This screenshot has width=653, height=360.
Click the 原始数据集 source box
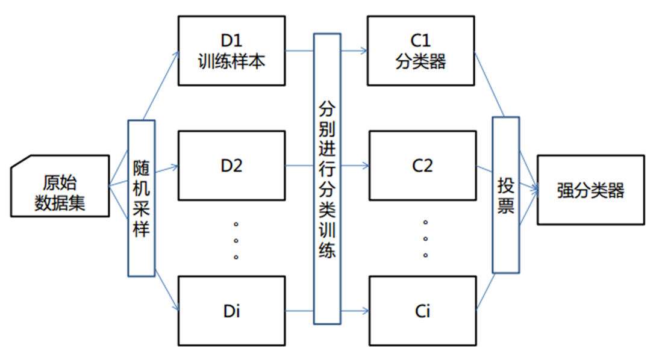60,186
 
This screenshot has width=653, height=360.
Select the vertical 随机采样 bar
142,198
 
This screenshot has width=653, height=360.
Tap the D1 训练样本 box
231,51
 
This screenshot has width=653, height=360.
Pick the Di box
231,311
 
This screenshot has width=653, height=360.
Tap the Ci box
422,311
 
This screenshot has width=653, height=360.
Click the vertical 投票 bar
505,195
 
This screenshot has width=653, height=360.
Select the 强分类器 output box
590,190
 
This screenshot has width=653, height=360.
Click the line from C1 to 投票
489,84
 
